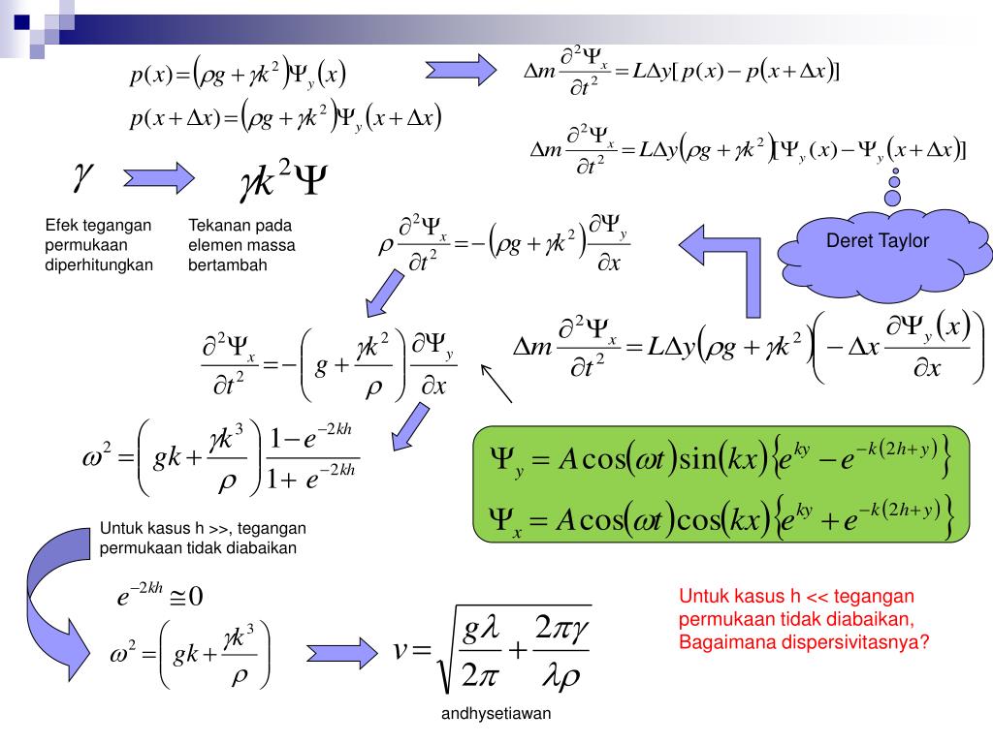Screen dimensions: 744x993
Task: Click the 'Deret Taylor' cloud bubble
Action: pyautogui.click(x=877, y=242)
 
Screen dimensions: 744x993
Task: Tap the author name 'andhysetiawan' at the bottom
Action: pyautogui.click(x=496, y=715)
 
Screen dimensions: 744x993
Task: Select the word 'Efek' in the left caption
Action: pyautogui.click(x=59, y=226)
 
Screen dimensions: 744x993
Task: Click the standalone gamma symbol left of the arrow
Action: pyautogui.click(x=82, y=175)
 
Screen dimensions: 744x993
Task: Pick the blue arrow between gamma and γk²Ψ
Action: pyautogui.click(x=158, y=177)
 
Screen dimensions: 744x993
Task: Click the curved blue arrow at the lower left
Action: pyautogui.click(x=44, y=601)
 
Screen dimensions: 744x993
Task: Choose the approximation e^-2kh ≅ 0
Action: pyautogui.click(x=160, y=595)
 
